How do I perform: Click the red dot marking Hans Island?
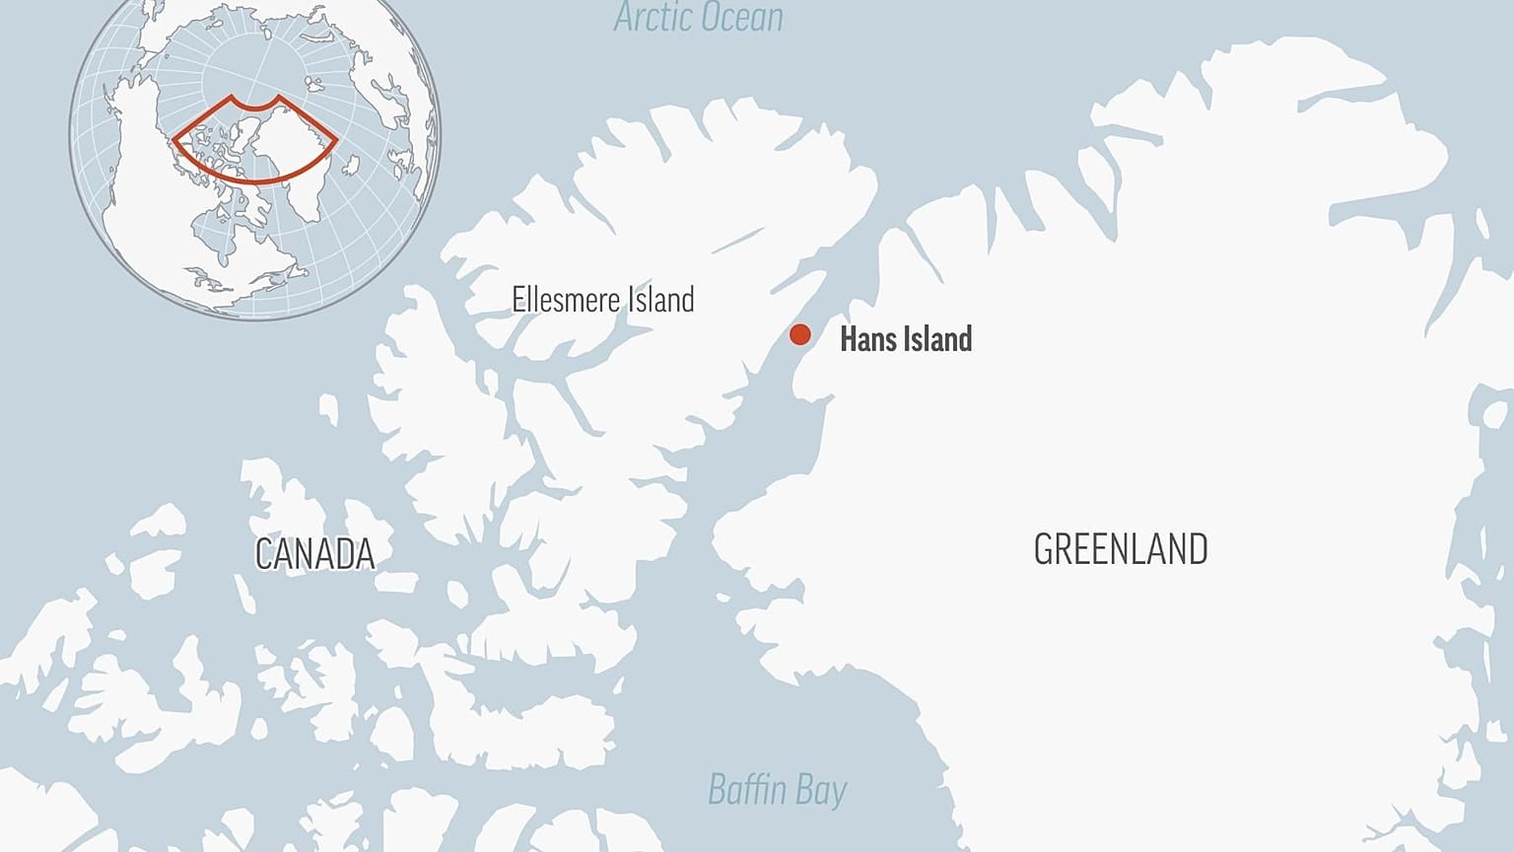tap(799, 334)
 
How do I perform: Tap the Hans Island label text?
tap(905, 339)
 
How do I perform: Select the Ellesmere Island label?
tap(602, 299)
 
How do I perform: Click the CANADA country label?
tap(314, 554)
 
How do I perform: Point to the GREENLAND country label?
tap(1121, 549)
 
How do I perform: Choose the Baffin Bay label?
tap(777, 790)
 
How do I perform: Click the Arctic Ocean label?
tap(698, 17)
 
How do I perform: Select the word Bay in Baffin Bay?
tap(821, 791)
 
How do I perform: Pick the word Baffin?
tap(747, 789)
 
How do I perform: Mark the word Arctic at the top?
tap(651, 17)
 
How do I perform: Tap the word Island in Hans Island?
tap(935, 339)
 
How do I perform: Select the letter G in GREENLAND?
tap(1043, 549)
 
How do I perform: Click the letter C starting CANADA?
tap(263, 554)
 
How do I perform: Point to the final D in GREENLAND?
tap(1198, 549)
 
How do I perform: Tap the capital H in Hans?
tap(847, 339)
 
